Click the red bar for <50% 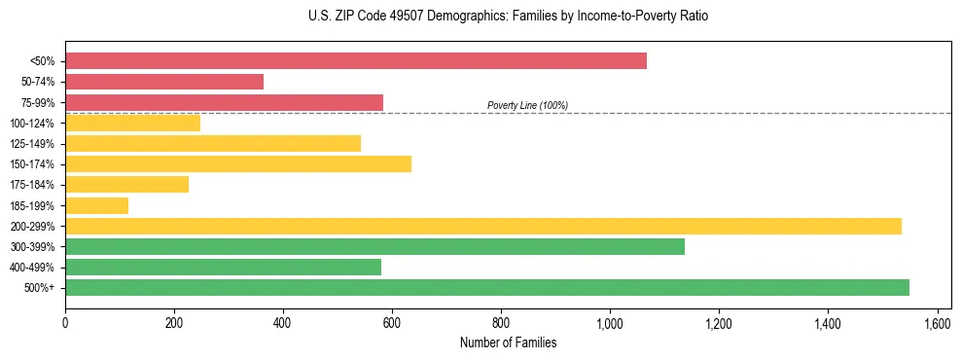[356, 61]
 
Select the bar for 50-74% [164, 82]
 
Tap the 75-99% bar [224, 102]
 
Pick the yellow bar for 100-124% [132, 123]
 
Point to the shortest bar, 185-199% [96, 205]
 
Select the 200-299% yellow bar [483, 226]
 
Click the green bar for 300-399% [374, 246]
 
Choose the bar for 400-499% [223, 267]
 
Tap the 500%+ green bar [487, 287]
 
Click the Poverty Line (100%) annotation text [527, 105]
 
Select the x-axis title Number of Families [509, 342]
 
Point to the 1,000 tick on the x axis [610, 322]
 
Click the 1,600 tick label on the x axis [937, 322]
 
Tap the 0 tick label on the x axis [65, 322]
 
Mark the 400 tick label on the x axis [283, 322]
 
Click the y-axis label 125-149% [32, 143]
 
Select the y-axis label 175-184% [32, 185]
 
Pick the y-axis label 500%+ [40, 288]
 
